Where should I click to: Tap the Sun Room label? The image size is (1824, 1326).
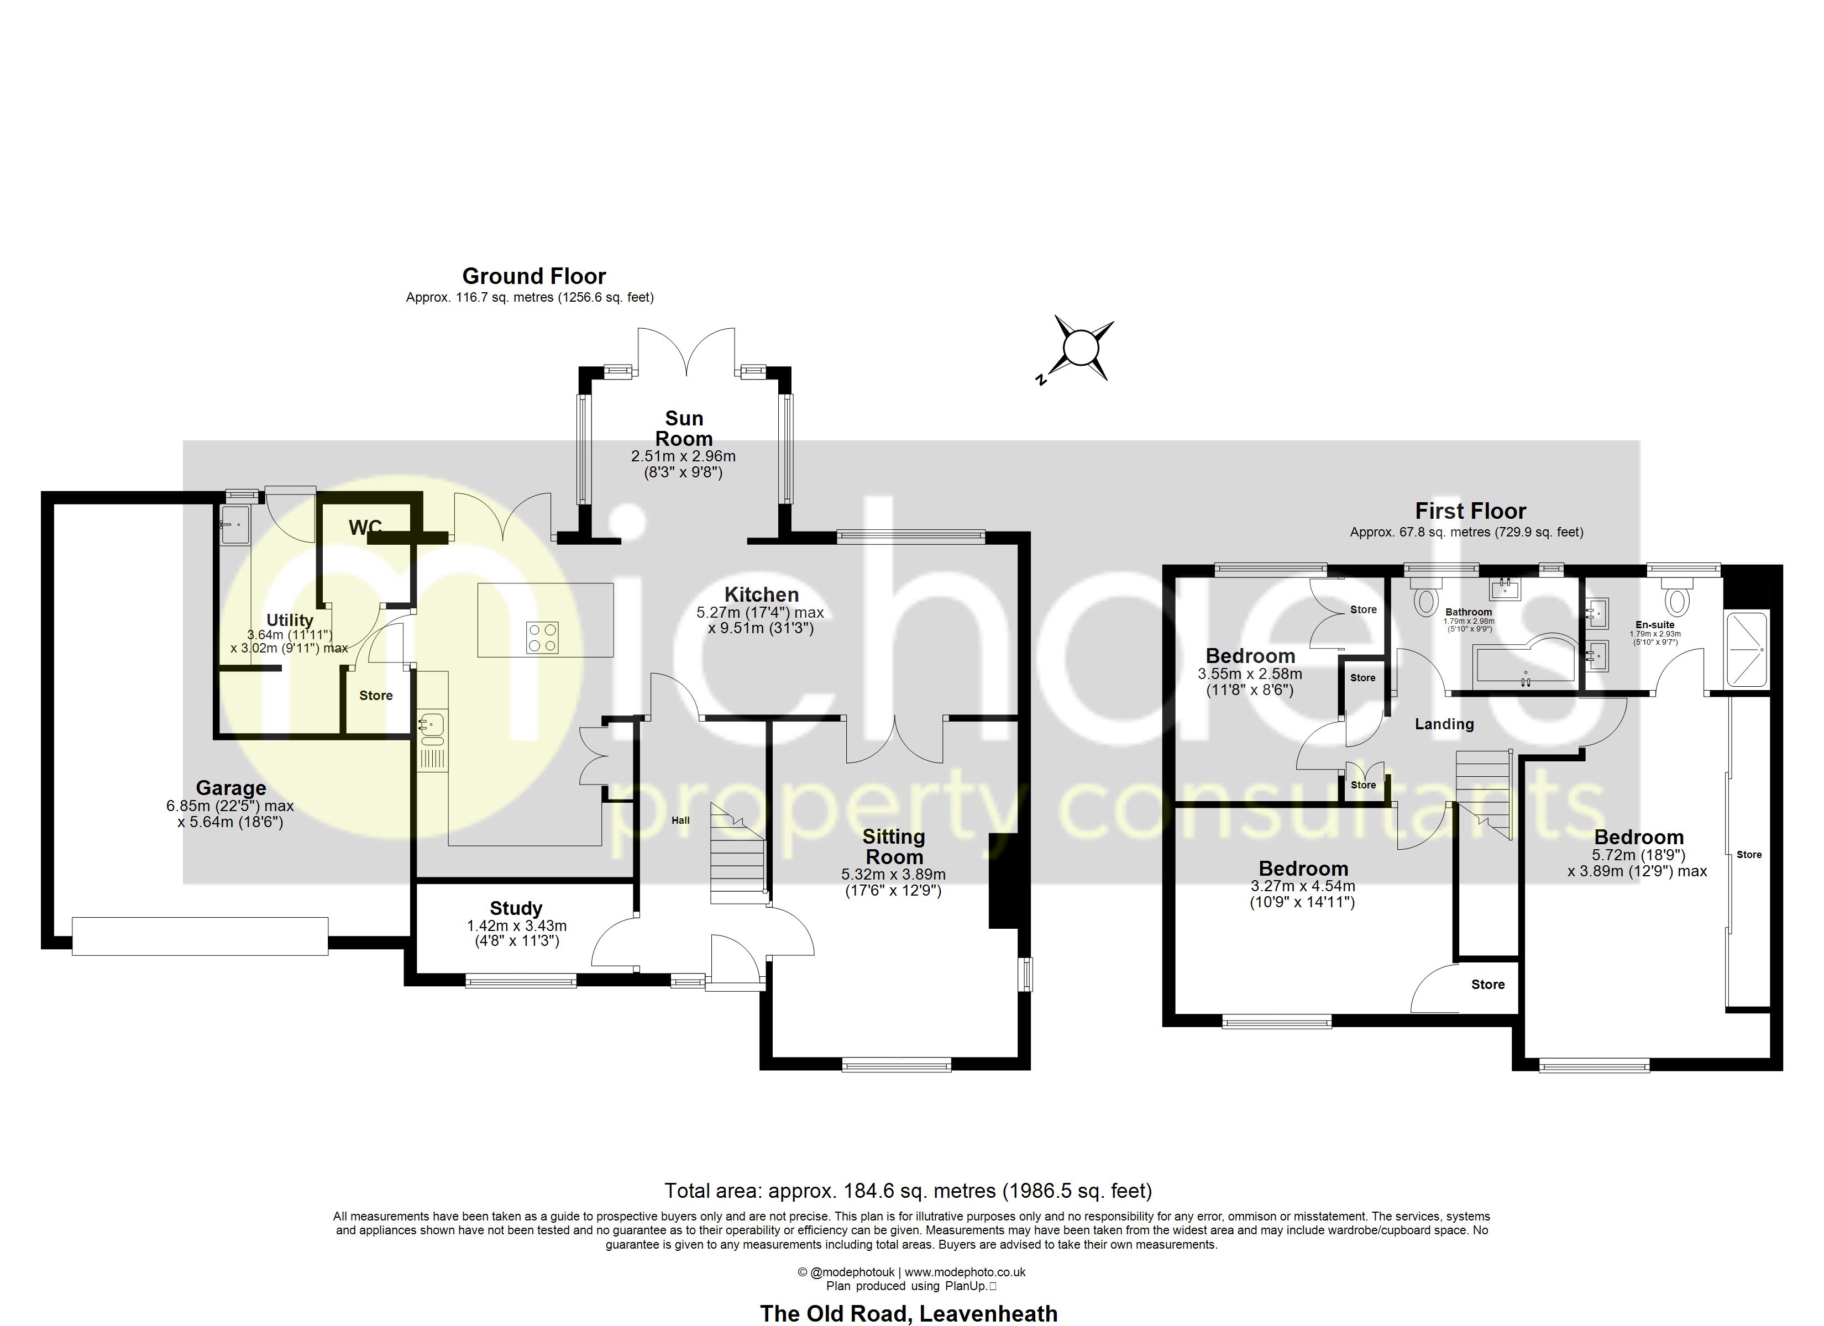coord(684,429)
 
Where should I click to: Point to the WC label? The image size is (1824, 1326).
coord(365,528)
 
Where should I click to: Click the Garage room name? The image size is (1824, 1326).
coord(231,788)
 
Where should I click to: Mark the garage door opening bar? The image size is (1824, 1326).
coord(200,937)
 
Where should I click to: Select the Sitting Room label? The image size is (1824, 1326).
coord(894,847)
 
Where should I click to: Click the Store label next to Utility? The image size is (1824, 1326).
coord(375,696)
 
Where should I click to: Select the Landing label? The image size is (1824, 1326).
coord(1444,724)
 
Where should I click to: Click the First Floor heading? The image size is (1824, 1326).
coord(1470,512)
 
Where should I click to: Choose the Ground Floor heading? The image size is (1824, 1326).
coord(534,277)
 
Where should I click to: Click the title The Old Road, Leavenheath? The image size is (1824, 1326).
coord(909,1313)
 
